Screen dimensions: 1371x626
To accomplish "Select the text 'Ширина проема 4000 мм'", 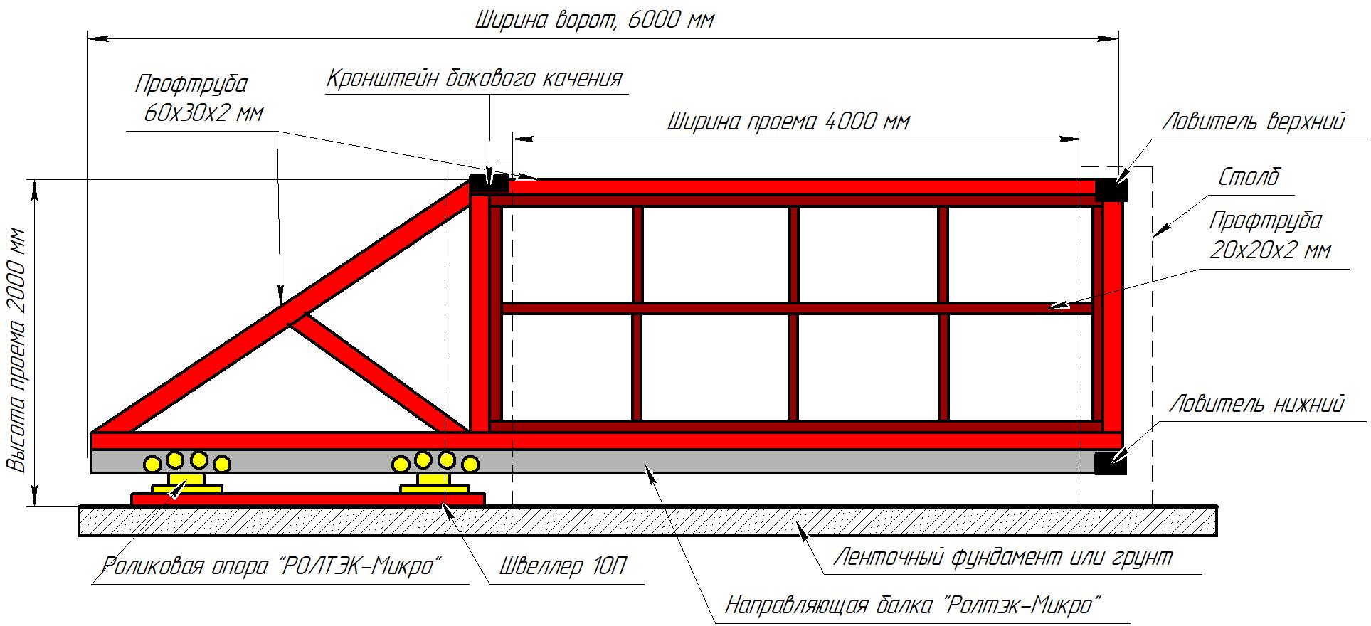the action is coord(788,122).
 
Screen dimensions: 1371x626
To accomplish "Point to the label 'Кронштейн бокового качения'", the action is coord(475,78).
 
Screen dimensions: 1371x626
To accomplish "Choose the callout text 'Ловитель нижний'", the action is coord(1257,404).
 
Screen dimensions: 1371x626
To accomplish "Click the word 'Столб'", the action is coord(1249,177).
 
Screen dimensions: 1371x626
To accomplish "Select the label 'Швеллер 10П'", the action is coord(563,566).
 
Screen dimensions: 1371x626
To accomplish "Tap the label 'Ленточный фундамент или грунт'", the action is coord(1002,557).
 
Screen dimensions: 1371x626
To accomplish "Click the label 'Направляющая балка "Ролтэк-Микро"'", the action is coord(914,605).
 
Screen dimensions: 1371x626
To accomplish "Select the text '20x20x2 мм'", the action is coord(1270,250).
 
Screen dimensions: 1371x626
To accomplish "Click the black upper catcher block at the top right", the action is coord(1111,190).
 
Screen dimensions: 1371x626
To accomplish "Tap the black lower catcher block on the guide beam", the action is coord(1111,462).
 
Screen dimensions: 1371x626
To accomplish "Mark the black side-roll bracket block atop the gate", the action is coord(489,182).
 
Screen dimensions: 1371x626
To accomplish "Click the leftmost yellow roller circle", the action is coord(152,464).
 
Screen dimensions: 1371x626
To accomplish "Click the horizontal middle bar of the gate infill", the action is coord(797,309).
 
